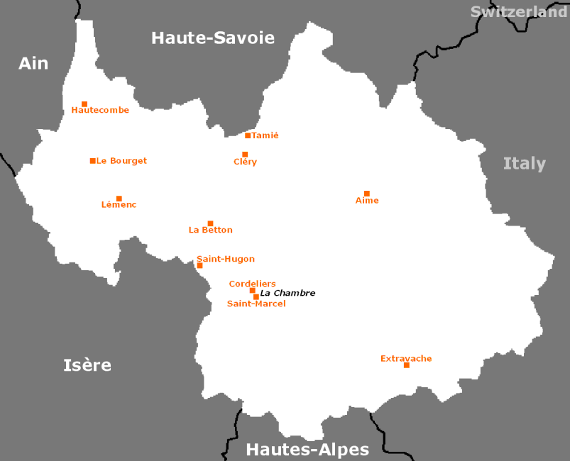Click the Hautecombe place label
point(100,110)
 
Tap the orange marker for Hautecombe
point(84,104)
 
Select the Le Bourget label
point(121,161)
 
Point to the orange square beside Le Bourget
point(93,161)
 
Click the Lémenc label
point(119,205)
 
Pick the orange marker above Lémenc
point(119,199)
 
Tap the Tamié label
point(265,135)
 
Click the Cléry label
point(245,162)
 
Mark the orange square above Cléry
point(245,155)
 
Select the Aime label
point(367,201)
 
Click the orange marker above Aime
point(367,194)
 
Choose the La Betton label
point(210,230)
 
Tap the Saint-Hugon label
point(226,259)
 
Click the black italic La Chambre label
point(287,293)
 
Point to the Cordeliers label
point(252,284)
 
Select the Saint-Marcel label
point(256,304)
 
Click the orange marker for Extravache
point(407,365)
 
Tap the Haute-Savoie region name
point(213,38)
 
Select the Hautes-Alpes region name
point(307,450)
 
